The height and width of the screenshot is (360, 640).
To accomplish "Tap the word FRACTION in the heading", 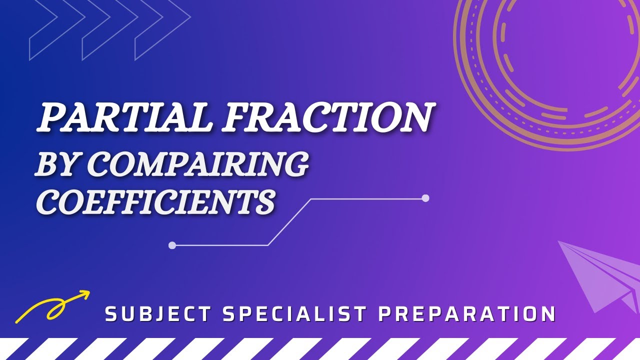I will pos(327,118).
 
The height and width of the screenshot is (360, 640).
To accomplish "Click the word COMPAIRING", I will pos(197,164).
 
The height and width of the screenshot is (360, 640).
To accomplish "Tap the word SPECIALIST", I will pos(294,314).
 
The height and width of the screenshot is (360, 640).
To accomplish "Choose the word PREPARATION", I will pos(467,314).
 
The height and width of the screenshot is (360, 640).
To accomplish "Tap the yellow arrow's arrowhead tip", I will pos(89,292).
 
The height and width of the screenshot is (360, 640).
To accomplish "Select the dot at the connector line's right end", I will pos(425,198).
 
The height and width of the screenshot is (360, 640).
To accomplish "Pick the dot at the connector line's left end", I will pos(172,245).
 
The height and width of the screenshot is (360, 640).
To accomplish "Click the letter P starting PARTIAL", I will pos(52,118).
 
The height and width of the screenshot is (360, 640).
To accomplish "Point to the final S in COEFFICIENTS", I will pos(264,202).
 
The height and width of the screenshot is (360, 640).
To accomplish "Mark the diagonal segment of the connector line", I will pos(290,222).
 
